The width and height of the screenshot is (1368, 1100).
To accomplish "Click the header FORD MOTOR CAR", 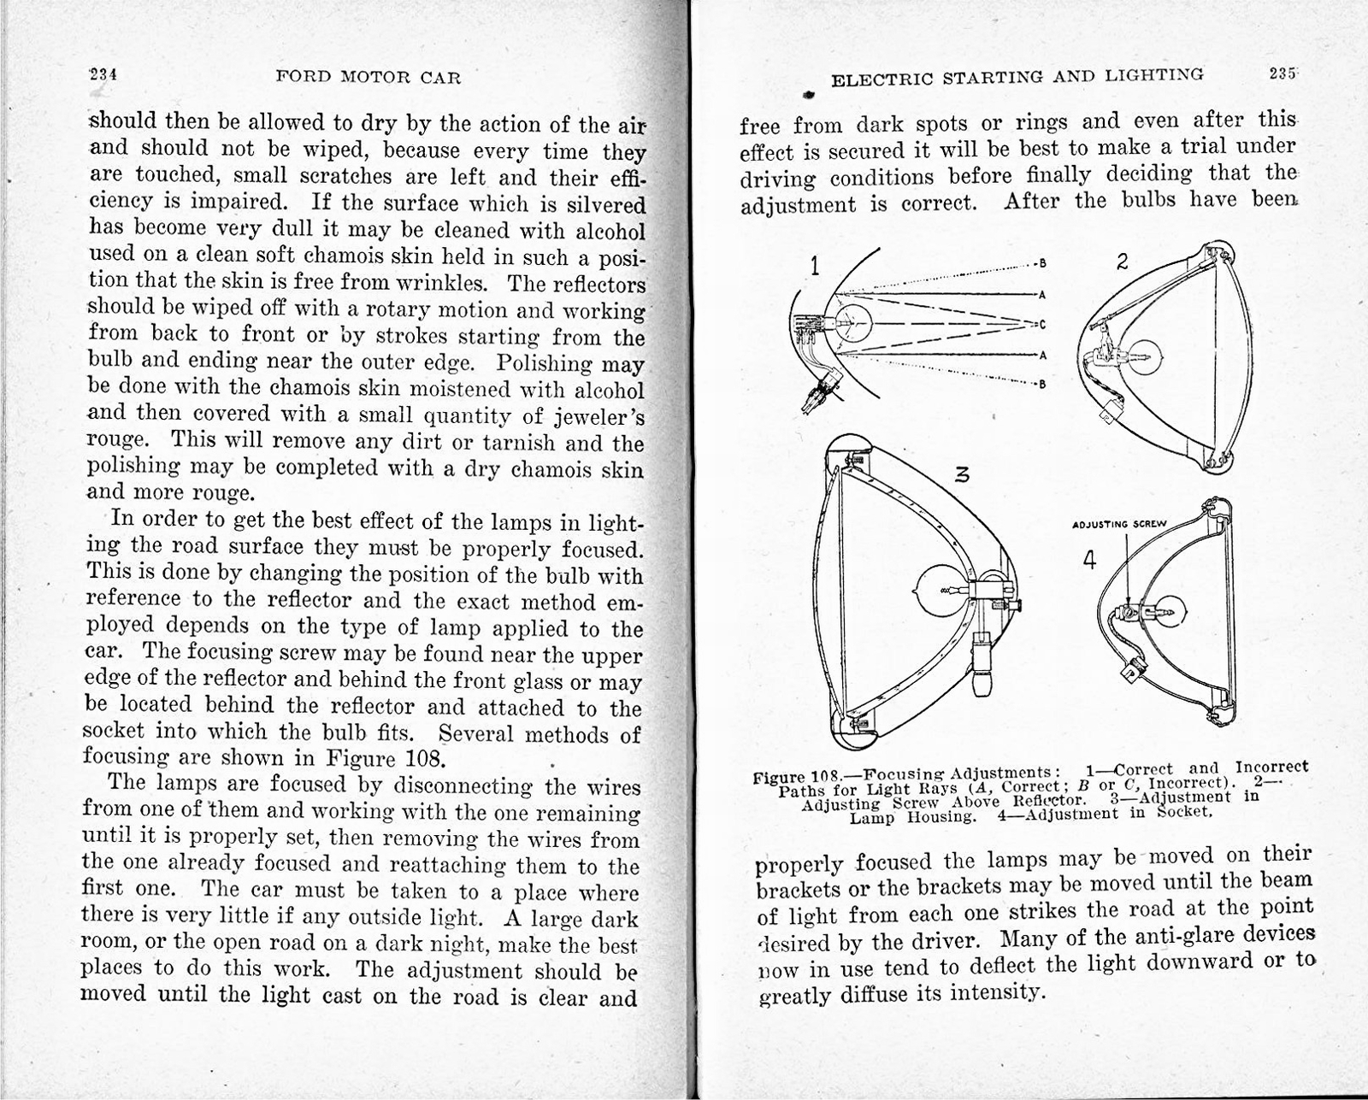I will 369,78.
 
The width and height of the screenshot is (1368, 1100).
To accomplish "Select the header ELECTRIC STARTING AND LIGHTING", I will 1017,78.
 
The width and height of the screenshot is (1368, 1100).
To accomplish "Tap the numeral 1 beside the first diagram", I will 815,268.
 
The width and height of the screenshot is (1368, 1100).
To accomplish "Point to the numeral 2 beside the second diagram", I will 1123,262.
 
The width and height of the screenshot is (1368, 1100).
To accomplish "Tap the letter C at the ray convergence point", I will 1041,325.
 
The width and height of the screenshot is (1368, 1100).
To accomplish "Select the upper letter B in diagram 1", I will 1042,263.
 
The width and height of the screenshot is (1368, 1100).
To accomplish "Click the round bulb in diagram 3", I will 935,590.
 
